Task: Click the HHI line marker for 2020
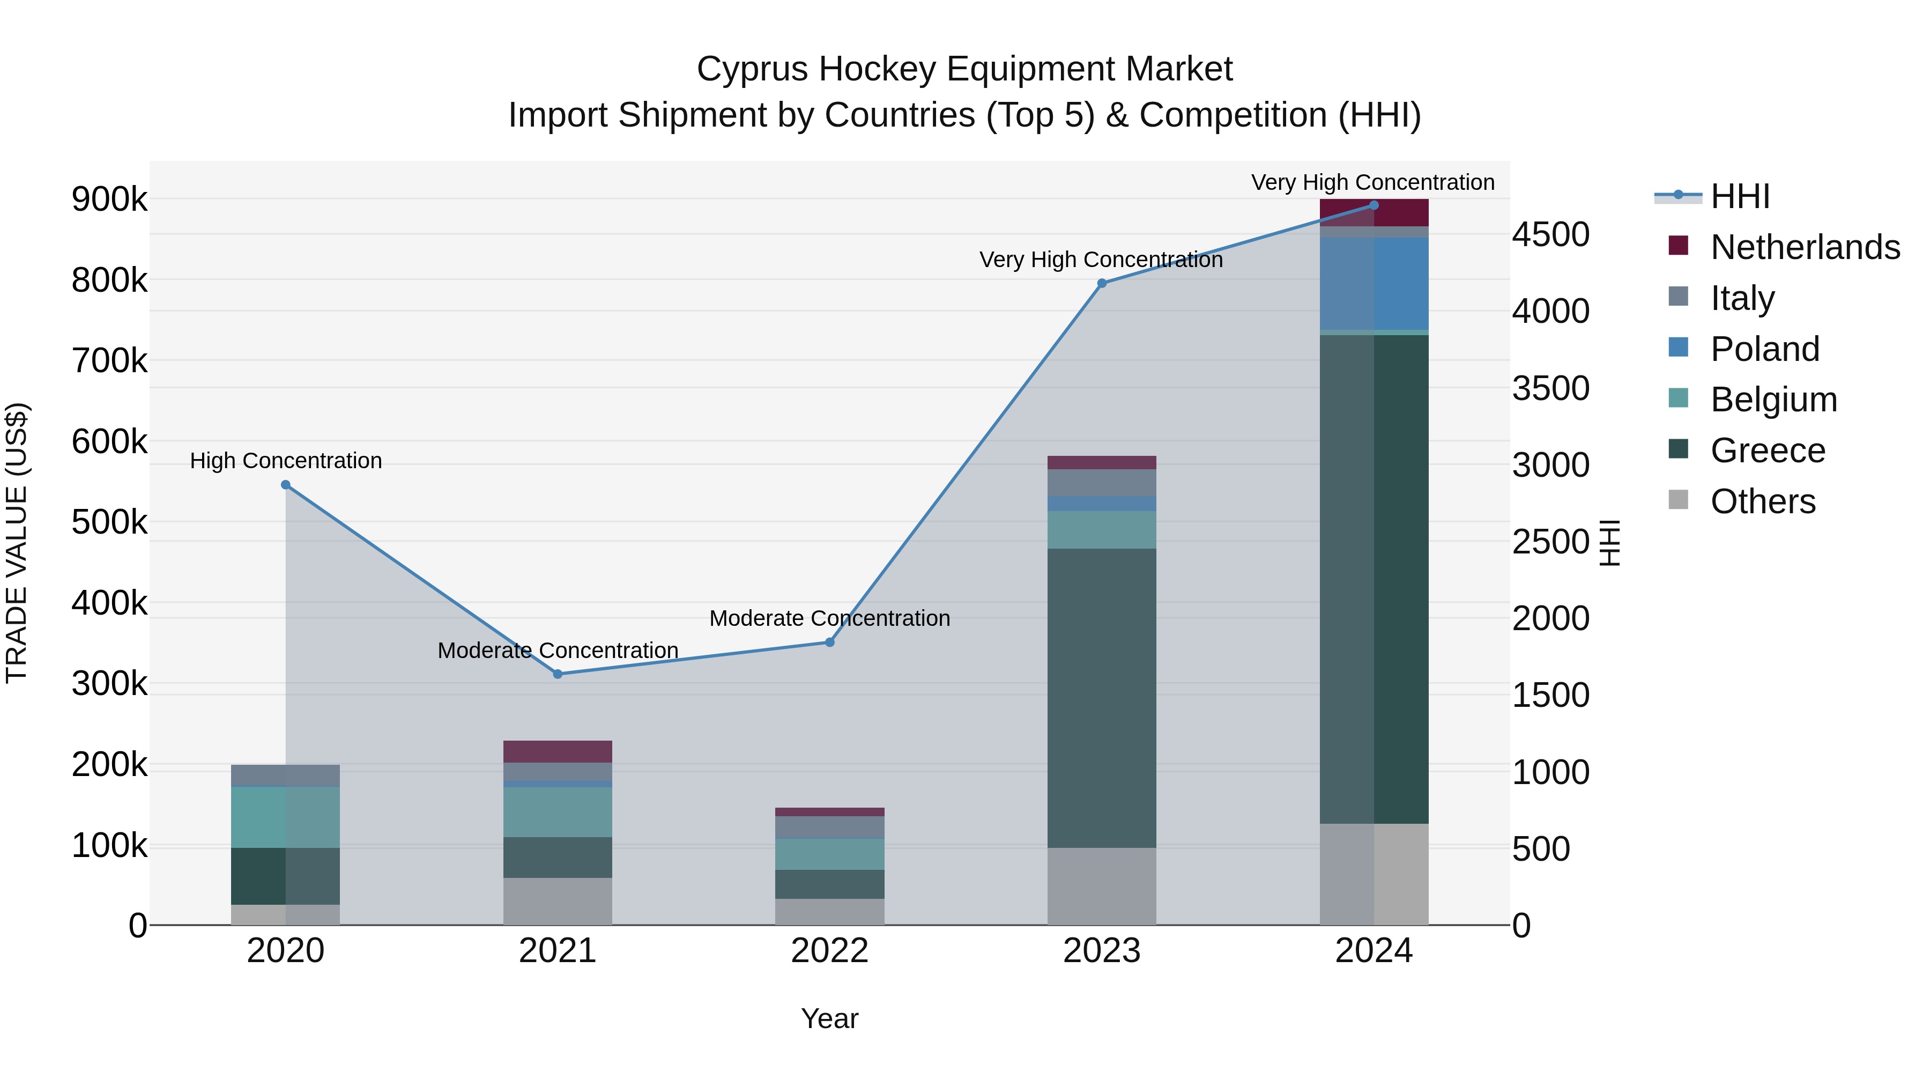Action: point(285,485)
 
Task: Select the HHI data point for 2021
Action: point(558,674)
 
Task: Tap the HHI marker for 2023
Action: point(1101,283)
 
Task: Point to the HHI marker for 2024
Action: point(1374,205)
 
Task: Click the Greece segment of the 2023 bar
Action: point(1101,697)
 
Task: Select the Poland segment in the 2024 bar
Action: point(1374,283)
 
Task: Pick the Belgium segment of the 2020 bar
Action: point(285,817)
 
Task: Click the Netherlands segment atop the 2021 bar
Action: point(558,751)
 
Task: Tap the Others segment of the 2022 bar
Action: point(829,911)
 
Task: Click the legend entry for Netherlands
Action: point(1804,247)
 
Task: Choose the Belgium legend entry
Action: point(1773,400)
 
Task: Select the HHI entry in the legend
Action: point(1740,196)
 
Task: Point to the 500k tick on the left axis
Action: point(109,522)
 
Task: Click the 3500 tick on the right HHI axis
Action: point(1550,388)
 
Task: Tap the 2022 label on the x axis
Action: point(829,951)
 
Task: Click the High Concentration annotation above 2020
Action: point(285,460)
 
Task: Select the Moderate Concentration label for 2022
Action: point(829,618)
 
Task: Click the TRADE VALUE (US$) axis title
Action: point(17,543)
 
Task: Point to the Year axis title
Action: point(829,1018)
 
